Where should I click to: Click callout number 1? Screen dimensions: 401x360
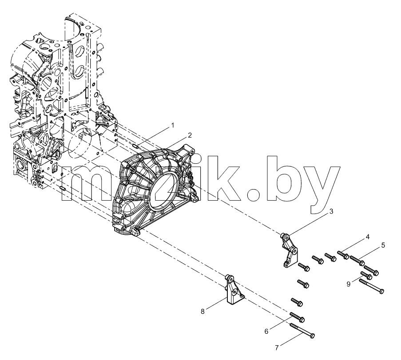tap(173, 125)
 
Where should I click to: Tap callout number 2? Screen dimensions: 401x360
tap(190, 135)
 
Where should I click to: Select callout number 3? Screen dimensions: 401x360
tap(331, 211)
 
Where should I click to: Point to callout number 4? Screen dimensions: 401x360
tap(368, 237)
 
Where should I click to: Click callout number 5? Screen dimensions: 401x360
tap(383, 245)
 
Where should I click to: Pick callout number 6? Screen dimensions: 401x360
tap(266, 331)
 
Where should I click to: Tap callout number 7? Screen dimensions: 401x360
tap(277, 348)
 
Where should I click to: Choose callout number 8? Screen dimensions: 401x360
tap(203, 312)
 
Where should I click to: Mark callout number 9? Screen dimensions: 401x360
tap(349, 284)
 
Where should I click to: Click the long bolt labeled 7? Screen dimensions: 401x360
tap(302, 331)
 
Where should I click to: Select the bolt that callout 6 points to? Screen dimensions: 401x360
tap(297, 317)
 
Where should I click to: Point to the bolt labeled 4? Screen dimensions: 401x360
tap(343, 255)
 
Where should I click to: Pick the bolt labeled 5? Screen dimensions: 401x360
tap(357, 260)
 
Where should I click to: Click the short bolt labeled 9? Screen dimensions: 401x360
tap(366, 275)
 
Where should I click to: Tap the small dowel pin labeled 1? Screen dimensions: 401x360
tap(136, 146)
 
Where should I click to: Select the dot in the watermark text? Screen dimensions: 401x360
tap(256, 194)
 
